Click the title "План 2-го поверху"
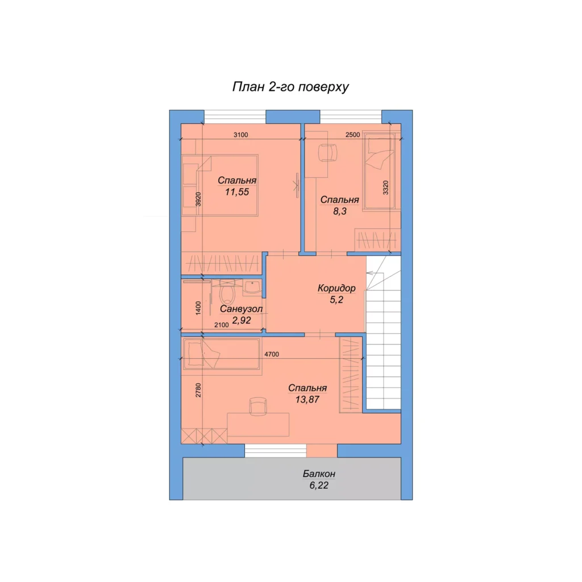click(290, 87)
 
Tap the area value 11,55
click(237, 192)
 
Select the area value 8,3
click(340, 211)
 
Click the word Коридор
click(336, 288)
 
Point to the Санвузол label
click(241, 309)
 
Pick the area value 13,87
click(307, 400)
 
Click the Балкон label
click(319, 473)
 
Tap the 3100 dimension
click(240, 135)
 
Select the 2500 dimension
click(352, 135)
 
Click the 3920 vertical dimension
click(198, 199)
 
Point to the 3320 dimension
click(386, 188)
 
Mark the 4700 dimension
click(271, 354)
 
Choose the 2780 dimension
click(198, 390)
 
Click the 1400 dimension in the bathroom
click(198, 308)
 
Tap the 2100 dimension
click(222, 325)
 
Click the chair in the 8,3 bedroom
click(328, 153)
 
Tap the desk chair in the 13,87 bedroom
click(258, 406)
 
